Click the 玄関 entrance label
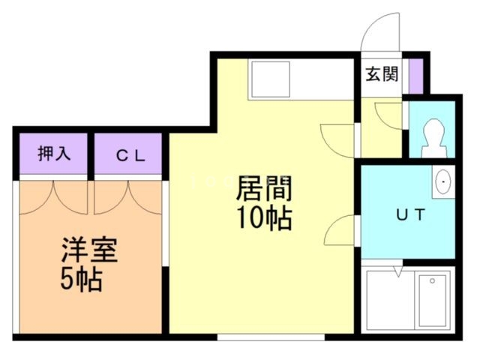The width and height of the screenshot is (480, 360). (382, 74)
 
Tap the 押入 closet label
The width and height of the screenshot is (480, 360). (54, 154)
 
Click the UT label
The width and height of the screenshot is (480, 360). (411, 214)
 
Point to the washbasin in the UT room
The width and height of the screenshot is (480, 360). (444, 181)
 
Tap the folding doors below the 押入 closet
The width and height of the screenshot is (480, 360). (54, 193)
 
